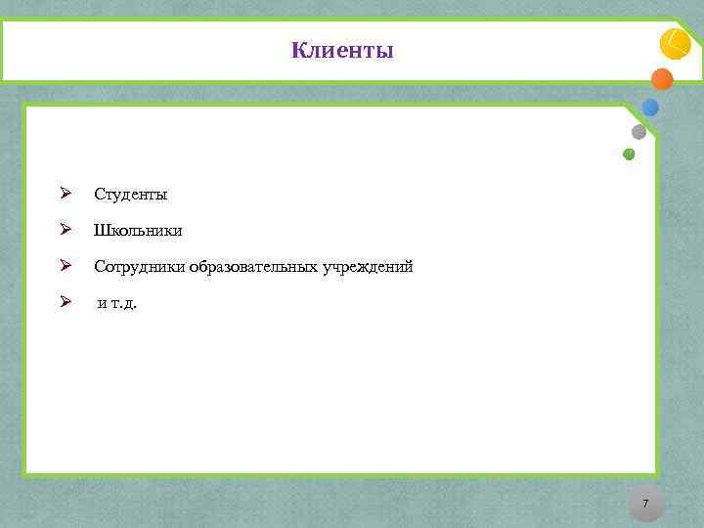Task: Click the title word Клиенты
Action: click(342, 50)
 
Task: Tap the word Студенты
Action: click(131, 195)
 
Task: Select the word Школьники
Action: click(138, 231)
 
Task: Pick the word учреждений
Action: click(368, 266)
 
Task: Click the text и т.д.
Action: click(117, 303)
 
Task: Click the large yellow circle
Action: click(676, 44)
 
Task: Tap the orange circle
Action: click(662, 79)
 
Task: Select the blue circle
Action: click(650, 108)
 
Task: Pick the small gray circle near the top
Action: click(638, 132)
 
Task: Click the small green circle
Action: click(629, 154)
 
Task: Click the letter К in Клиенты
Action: click(297, 50)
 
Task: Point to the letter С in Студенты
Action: click(99, 195)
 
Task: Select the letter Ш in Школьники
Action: click(101, 231)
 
